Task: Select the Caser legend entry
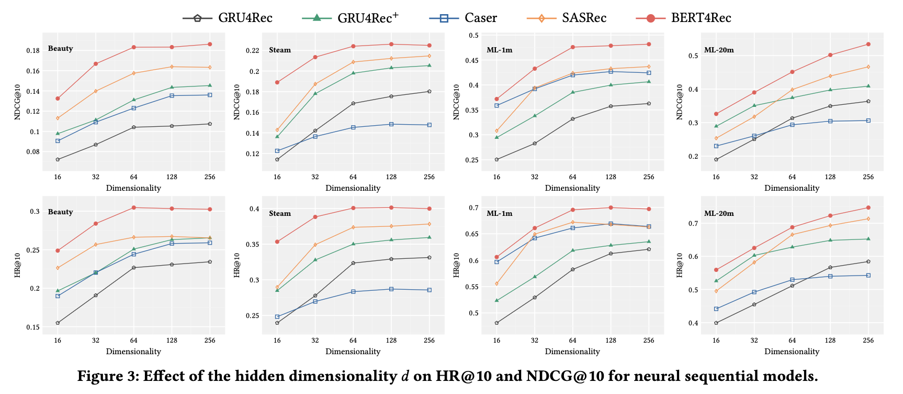[463, 18]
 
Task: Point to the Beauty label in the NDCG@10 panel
[60, 49]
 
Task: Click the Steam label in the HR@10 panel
[280, 213]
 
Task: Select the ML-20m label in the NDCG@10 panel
[719, 50]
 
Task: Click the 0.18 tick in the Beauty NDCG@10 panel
[32, 51]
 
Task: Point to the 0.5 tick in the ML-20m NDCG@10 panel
[693, 56]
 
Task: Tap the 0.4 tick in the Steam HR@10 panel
[254, 209]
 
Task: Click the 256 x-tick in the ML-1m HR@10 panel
[649, 340]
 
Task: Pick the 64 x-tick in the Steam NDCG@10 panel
[353, 177]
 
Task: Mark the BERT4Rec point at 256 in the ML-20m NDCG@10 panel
[868, 44]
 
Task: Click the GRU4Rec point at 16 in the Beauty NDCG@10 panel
[58, 159]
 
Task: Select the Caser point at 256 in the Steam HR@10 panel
[429, 290]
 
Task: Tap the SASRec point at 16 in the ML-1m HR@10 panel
[496, 283]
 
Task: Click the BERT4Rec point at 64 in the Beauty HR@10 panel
[134, 207]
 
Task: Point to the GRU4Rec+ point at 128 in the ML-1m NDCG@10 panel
[611, 85]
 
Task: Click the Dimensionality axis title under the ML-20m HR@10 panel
[792, 352]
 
